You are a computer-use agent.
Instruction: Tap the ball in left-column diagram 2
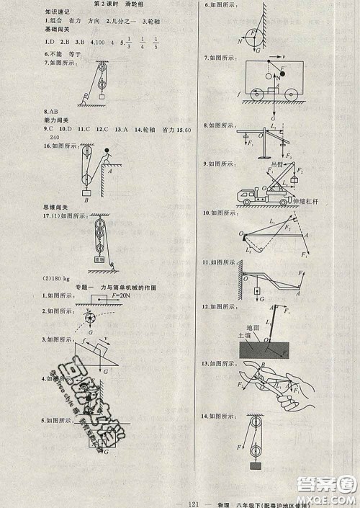[x=89, y=318]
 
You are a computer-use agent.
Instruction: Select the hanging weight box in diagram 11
[x=256, y=290]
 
